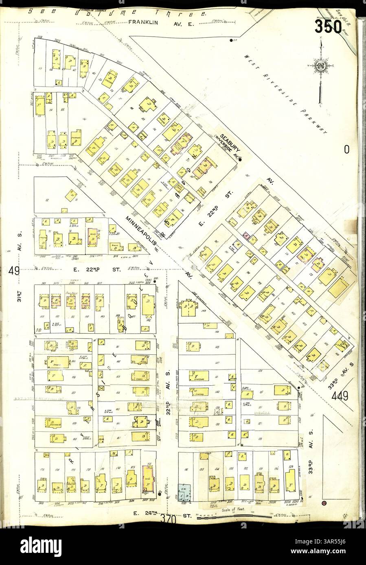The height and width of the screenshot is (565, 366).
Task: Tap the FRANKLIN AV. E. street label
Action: click(162, 24)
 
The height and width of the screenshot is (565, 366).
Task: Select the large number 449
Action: click(340, 395)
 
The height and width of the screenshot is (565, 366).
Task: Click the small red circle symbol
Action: click(324, 504)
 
